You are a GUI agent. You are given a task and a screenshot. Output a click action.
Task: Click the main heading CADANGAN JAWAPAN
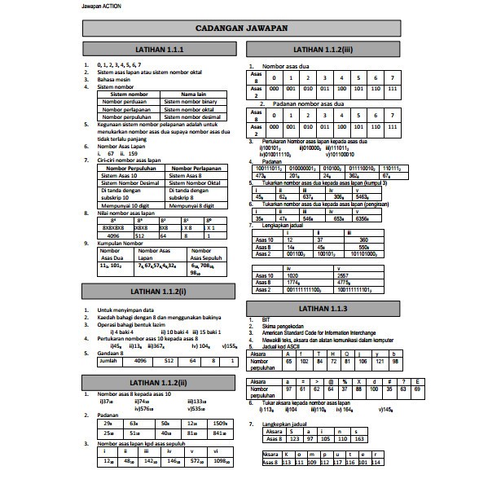point(250,29)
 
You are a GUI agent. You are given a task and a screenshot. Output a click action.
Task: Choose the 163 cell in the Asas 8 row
point(360,438)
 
